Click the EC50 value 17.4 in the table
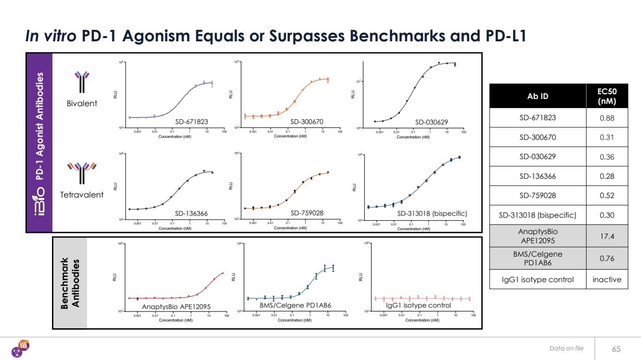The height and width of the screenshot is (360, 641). pos(606,235)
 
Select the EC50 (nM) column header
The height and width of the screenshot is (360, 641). pos(606,96)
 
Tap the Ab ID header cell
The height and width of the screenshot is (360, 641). pos(537,96)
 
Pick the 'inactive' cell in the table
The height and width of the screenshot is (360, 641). pos(606,279)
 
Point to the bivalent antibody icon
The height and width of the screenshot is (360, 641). pos(83,82)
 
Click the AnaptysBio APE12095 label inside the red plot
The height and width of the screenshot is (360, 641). pos(176,306)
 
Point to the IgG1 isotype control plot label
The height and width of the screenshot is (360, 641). pos(418,305)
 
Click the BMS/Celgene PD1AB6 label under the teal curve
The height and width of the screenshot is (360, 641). pos(295,305)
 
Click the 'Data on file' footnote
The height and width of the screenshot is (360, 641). pos(566,348)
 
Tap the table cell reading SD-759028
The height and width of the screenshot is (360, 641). pos(537,195)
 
